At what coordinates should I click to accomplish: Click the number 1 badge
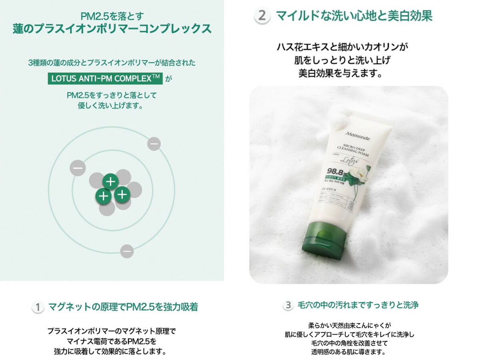37,307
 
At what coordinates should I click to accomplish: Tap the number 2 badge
262,16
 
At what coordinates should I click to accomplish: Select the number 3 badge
288,305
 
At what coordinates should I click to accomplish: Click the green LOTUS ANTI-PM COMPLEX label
105,78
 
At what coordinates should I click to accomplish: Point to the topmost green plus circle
110,182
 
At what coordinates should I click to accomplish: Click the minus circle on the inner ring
77,168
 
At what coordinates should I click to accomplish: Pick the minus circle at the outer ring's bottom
127,251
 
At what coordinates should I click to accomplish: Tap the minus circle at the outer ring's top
154,144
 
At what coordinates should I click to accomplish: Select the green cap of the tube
324,240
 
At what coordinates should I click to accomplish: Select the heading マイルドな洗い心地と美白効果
354,16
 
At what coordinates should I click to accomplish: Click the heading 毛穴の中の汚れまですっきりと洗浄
358,305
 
